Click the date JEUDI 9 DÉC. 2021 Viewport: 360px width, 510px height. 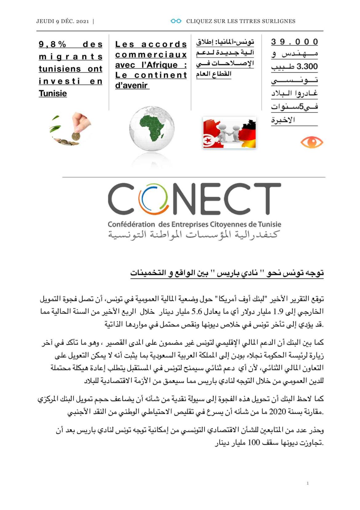[62, 21]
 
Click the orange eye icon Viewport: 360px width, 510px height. [311, 142]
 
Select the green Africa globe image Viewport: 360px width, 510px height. [152, 128]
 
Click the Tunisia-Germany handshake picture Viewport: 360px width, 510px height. [229, 133]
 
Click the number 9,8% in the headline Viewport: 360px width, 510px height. [52, 44]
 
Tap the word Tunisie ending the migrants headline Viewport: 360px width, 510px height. [53, 93]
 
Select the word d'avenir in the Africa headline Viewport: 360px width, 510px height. [131, 85]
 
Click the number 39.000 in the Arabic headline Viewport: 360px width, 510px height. [294, 42]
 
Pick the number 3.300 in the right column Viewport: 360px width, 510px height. [307, 67]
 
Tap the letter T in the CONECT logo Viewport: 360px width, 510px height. [266, 199]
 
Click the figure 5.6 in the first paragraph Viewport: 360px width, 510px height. [197, 312]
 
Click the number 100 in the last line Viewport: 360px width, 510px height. [254, 443]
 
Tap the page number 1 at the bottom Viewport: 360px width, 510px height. [307, 483]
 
